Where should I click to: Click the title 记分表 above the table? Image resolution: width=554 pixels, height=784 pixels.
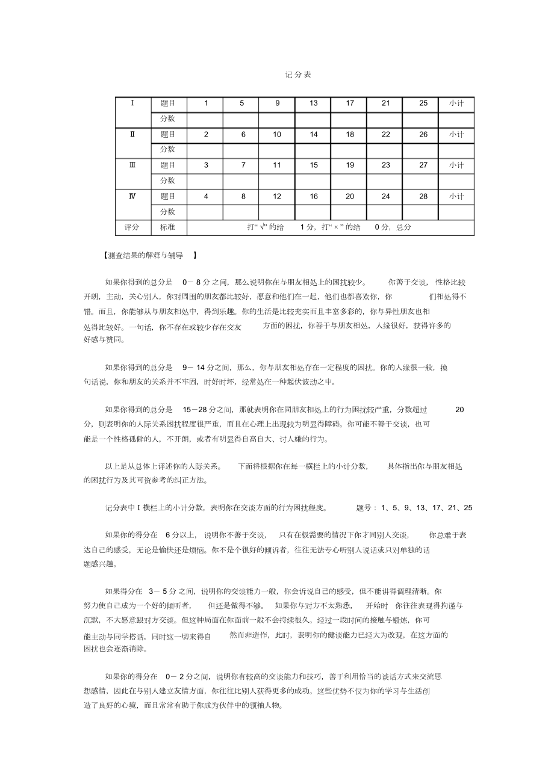(x=297, y=75)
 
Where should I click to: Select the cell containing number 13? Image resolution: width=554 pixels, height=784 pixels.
(x=313, y=103)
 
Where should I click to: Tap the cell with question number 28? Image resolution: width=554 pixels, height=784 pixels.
(x=423, y=196)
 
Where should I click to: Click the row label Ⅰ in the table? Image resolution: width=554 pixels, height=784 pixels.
(x=132, y=103)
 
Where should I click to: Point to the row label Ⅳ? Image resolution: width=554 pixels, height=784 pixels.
(x=132, y=196)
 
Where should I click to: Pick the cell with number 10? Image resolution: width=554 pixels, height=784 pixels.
(x=277, y=134)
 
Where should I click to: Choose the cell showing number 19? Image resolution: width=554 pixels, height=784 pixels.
(x=349, y=165)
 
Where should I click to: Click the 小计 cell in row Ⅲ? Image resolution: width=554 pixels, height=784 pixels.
(x=456, y=165)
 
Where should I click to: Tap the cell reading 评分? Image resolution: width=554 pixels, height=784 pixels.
(x=132, y=227)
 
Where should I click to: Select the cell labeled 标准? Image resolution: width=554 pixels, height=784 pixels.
(x=168, y=227)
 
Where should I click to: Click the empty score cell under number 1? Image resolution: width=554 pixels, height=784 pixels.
(x=205, y=119)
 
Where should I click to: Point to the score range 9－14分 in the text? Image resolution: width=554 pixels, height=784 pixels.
(x=196, y=367)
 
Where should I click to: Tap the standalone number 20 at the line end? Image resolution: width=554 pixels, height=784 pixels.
(x=459, y=410)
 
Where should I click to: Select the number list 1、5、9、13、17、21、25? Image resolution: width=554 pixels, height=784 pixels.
(x=426, y=508)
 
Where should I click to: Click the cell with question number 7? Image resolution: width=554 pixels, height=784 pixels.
(x=241, y=165)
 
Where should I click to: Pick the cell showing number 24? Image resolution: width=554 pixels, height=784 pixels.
(x=385, y=196)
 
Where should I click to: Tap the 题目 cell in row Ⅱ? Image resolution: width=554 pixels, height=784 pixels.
(x=168, y=134)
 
